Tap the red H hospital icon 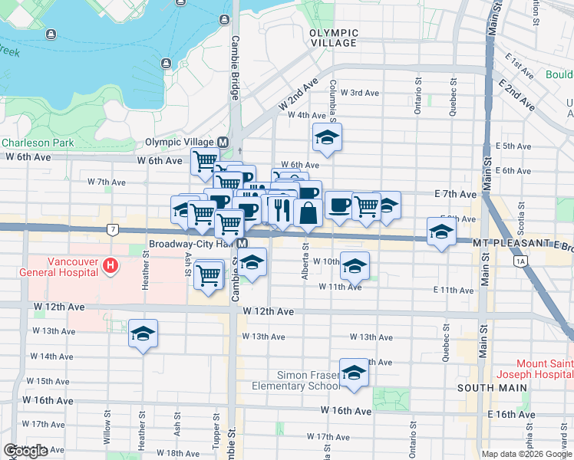tap(111, 266)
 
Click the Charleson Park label tap(37, 143)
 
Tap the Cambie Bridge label tap(236, 67)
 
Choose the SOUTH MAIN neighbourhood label tap(492, 388)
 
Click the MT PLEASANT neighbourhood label tap(503, 243)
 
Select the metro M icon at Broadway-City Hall tap(242, 243)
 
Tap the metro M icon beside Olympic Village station tap(223, 143)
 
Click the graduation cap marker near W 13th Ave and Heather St tap(143, 333)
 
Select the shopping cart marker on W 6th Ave tap(206, 161)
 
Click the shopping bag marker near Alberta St tap(308, 212)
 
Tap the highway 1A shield tap(522, 261)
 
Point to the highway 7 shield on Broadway tap(113, 229)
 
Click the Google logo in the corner tap(25, 451)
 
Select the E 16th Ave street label tap(503, 414)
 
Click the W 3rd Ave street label tap(360, 93)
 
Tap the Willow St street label tap(107, 437)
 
